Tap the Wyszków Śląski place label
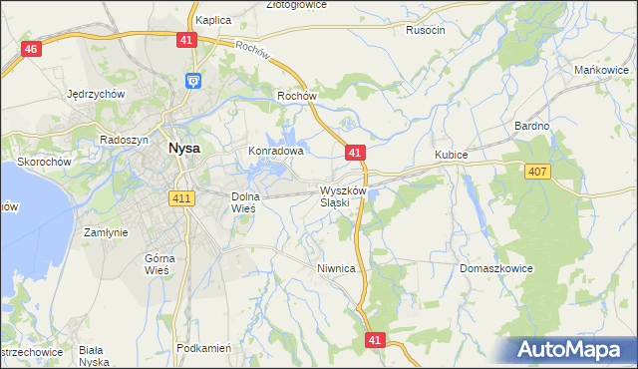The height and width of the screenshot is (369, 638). pos(343,195)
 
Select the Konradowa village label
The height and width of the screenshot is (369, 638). pos(275,152)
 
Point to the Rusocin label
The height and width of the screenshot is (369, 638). pos(426,30)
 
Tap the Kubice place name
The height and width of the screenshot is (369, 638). pos(452,156)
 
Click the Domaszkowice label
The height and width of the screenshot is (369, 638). pos(497,269)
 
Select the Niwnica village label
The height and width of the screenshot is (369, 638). pos(336,268)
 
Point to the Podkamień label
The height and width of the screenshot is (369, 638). pos(203,348)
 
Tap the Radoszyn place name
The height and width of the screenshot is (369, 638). pos(125,140)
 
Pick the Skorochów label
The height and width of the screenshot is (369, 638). pos(42,161)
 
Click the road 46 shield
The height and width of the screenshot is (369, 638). pos(31,49)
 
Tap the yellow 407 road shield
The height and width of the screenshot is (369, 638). pos(537,173)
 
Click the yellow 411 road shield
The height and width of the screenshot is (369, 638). pos(180,199)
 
